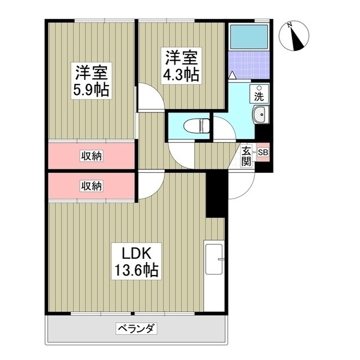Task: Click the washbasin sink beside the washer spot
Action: pyautogui.click(x=261, y=115)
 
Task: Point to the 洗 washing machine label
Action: pyautogui.click(x=259, y=95)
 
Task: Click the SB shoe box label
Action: pyautogui.click(x=263, y=152)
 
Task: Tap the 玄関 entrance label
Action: pyautogui.click(x=247, y=156)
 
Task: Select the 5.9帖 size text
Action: pyautogui.click(x=91, y=89)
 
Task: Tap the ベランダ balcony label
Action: pyautogui.click(x=137, y=328)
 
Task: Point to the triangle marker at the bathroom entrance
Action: pyautogui.click(x=233, y=74)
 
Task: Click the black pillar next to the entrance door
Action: pyautogui.click(x=216, y=194)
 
